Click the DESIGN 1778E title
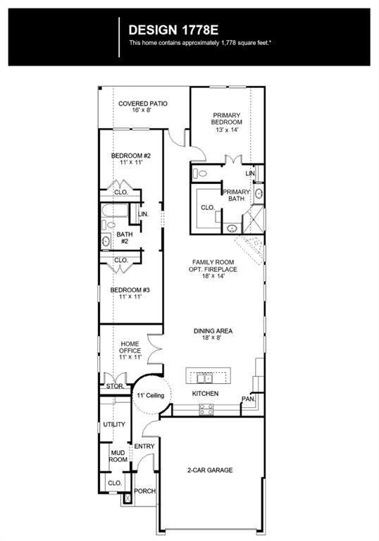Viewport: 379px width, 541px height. point(173,30)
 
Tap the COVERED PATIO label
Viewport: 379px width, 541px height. point(143,104)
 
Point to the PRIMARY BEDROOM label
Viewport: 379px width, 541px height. point(226,118)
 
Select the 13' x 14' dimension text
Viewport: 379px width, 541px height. point(227,130)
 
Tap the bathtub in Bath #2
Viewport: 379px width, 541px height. point(115,211)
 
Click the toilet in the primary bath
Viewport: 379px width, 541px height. point(200,173)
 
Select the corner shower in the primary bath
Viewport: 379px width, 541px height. point(253,219)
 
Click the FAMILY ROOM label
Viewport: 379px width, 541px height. point(213,262)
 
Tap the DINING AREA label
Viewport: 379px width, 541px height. point(213,331)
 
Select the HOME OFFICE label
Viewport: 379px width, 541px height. point(130,347)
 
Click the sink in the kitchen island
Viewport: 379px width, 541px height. point(205,378)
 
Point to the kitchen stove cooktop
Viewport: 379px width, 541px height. point(206,409)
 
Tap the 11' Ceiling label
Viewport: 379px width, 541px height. point(151,395)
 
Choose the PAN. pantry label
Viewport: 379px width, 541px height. point(248,399)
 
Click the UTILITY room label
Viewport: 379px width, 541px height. point(114,424)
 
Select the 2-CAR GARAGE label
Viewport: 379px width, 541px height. point(210,470)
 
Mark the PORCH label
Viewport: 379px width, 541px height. point(144,491)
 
